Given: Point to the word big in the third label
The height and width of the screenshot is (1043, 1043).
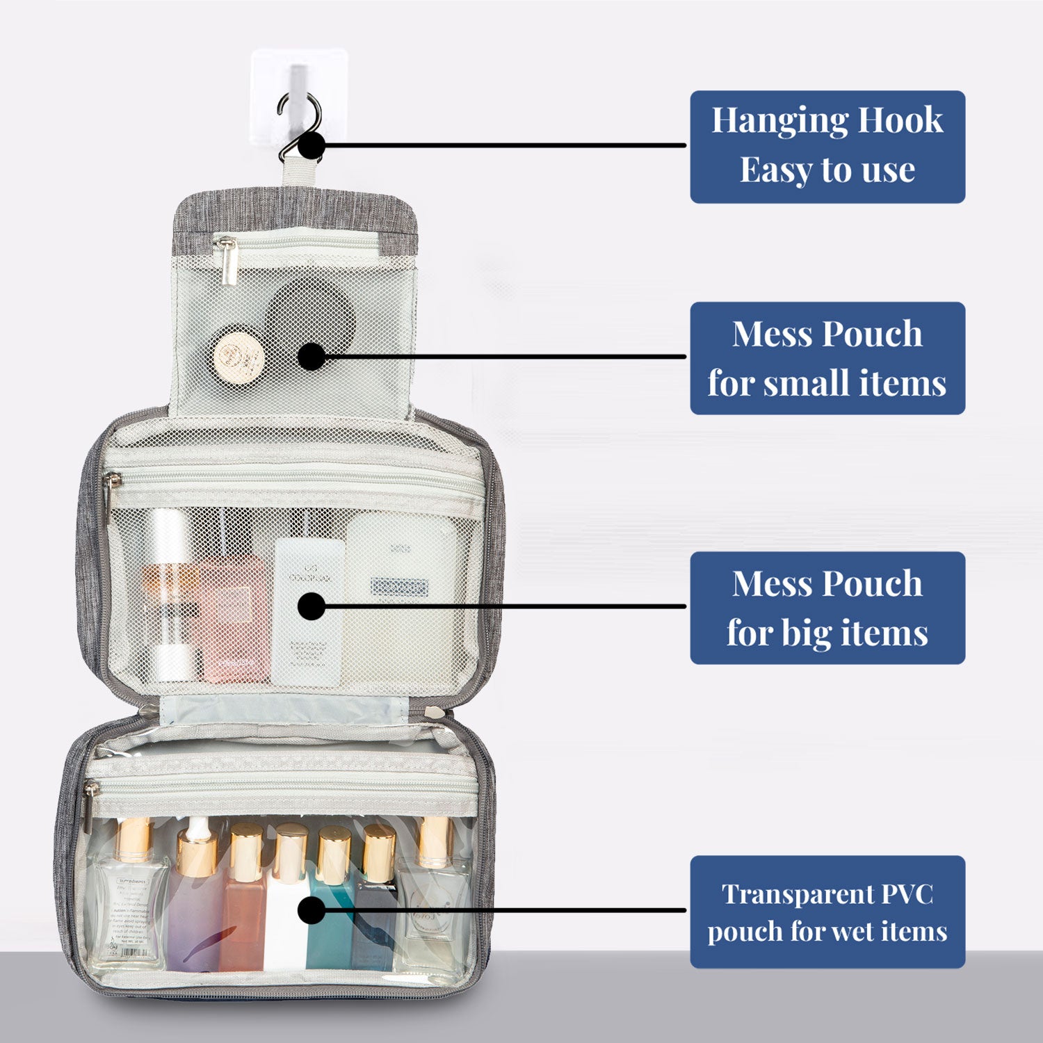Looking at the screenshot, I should coord(805,634).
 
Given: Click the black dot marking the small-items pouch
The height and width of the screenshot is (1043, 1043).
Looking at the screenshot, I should coord(312,357).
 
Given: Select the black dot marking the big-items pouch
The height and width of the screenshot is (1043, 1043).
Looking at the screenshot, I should coord(312,606).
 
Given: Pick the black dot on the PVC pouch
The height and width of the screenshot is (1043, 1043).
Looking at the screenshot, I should coord(312,910).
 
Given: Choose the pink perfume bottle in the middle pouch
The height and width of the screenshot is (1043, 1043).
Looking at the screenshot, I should coord(233,619).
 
